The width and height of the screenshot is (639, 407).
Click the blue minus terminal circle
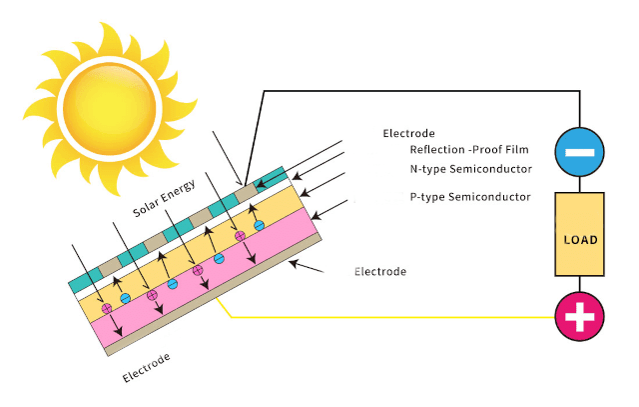click(580, 154)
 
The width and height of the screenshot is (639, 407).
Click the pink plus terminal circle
click(580, 318)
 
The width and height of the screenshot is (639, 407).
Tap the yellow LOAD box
click(580, 234)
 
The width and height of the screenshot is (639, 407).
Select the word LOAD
click(580, 241)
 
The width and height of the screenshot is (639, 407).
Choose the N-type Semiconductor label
click(471, 169)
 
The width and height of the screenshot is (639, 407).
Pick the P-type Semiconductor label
click(470, 197)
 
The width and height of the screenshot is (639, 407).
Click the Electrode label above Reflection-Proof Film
click(409, 133)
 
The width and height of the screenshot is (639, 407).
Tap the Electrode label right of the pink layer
click(380, 272)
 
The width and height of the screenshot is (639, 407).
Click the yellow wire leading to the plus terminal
click(399, 318)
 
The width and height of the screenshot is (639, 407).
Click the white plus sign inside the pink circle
click(580, 318)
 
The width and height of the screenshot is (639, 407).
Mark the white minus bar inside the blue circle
click(580, 154)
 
